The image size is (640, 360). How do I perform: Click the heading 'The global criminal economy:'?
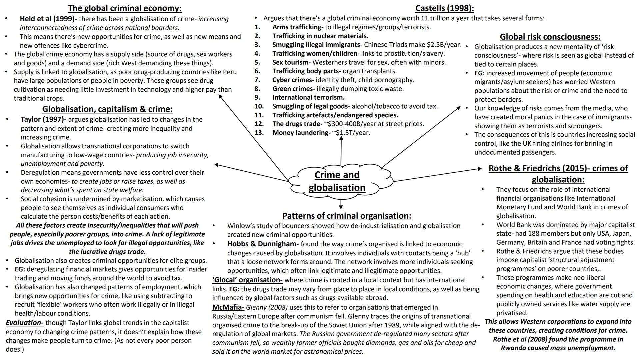click(125, 8)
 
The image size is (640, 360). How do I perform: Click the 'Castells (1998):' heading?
click(444, 8)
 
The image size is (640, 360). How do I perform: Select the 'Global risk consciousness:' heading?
click(550, 37)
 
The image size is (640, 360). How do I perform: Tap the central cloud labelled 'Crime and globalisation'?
click(337, 181)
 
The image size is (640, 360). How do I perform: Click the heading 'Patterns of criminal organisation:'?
click(347, 216)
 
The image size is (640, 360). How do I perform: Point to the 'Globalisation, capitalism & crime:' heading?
click(107, 109)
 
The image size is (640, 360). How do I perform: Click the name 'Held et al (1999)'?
click(48, 19)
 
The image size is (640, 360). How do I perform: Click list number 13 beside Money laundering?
click(259, 133)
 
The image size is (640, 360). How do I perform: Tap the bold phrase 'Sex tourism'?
click(290, 62)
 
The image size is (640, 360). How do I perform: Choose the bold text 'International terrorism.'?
click(308, 97)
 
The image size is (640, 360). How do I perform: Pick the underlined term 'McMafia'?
click(228, 307)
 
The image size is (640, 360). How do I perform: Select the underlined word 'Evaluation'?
click(24, 322)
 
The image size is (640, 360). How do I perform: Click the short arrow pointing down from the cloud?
click(341, 204)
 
